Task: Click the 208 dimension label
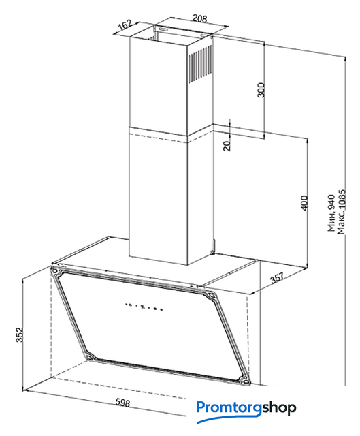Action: click(199, 18)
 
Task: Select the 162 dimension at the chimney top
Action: click(125, 26)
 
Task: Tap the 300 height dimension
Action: click(261, 90)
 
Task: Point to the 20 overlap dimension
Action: click(227, 145)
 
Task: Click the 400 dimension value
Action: click(304, 203)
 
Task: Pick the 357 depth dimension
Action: click(278, 277)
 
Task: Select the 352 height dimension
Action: click(19, 334)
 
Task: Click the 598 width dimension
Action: click(122, 403)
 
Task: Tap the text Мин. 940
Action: click(331, 213)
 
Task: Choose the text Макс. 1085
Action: click(340, 212)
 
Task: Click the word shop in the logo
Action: click(279, 407)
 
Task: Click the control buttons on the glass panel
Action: click(144, 307)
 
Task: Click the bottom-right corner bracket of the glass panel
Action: click(245, 381)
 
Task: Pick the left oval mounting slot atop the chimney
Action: click(163, 29)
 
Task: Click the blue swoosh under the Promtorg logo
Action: click(229, 417)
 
